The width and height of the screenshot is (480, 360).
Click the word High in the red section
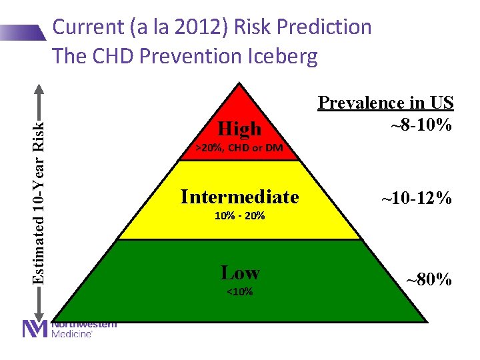pyautogui.click(x=240, y=127)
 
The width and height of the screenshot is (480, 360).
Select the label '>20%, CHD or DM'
pyautogui.click(x=239, y=147)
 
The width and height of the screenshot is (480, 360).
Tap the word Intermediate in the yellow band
pyautogui.click(x=239, y=197)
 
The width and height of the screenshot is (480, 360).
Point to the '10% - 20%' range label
pyautogui.click(x=240, y=216)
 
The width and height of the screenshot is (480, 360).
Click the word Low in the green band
pyautogui.click(x=240, y=273)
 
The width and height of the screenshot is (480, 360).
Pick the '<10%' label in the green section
pyautogui.click(x=240, y=291)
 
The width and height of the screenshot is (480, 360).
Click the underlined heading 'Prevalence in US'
pyautogui.click(x=385, y=103)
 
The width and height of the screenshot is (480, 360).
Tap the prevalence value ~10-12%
pyautogui.click(x=416, y=198)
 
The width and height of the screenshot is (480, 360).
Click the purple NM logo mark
pyautogui.click(x=35, y=329)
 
